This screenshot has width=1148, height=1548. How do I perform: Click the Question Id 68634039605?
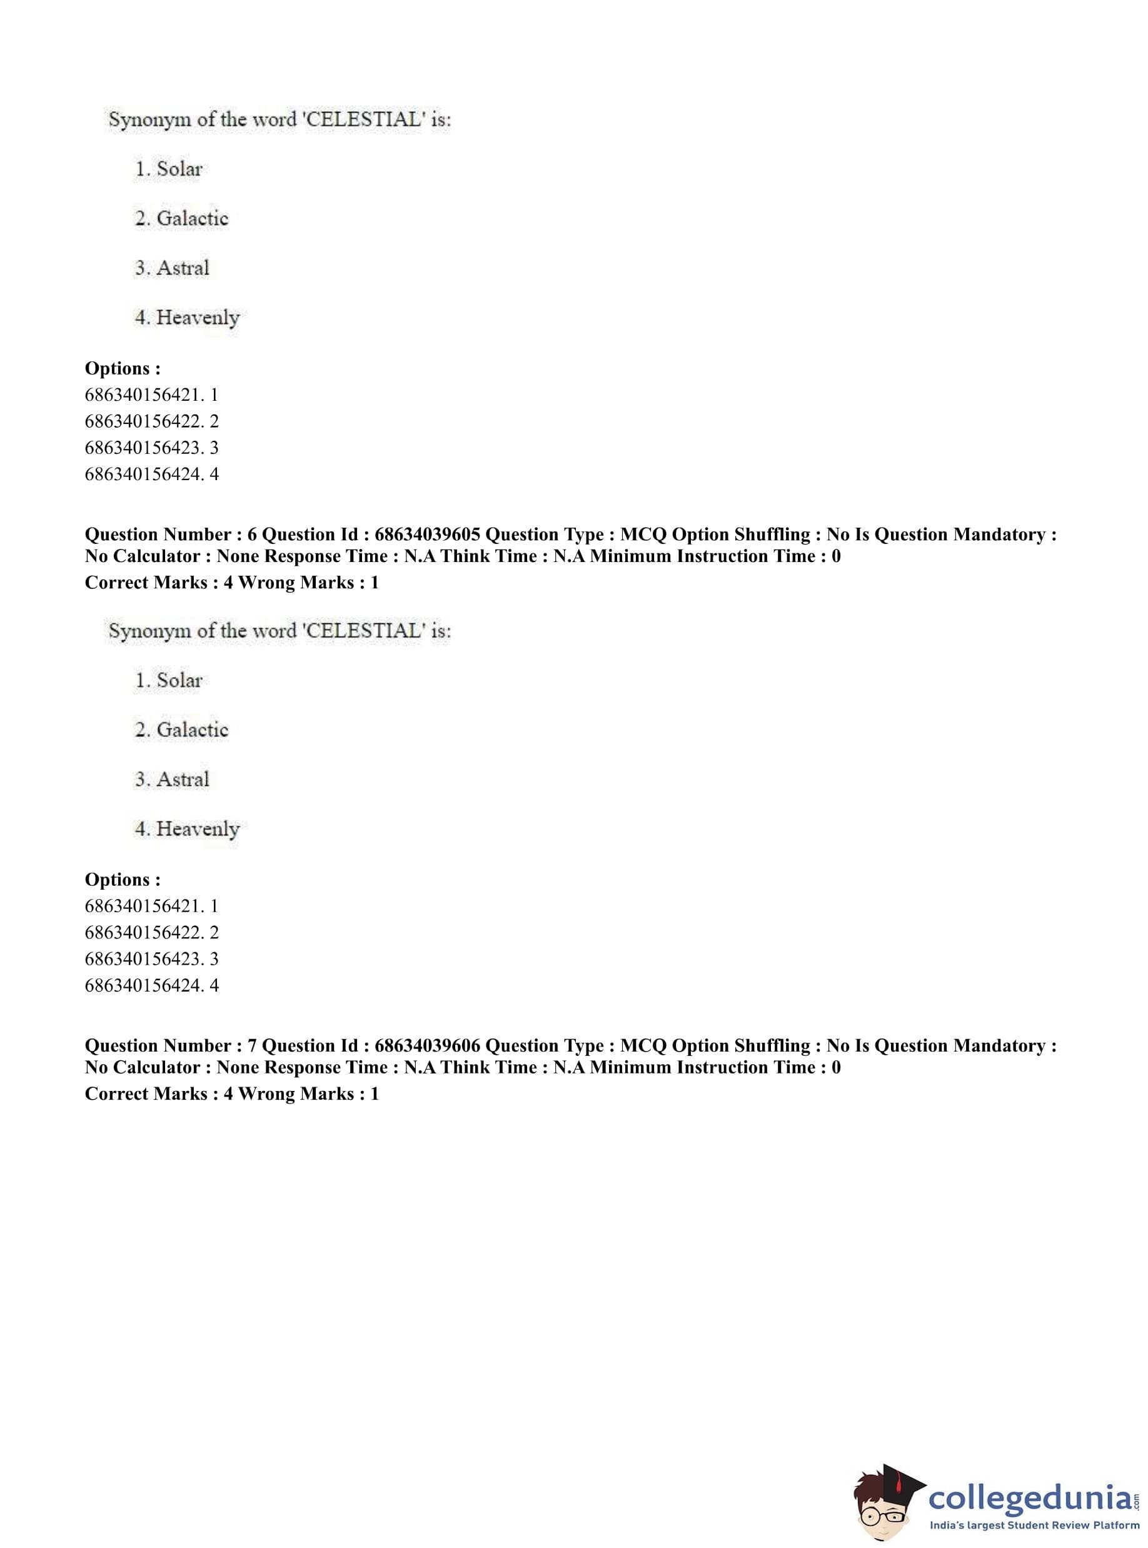(x=426, y=535)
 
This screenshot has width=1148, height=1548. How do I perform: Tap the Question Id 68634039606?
(x=426, y=1046)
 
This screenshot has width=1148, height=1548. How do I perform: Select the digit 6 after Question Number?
(x=251, y=535)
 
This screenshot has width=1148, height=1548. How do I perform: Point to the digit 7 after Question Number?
(x=251, y=1046)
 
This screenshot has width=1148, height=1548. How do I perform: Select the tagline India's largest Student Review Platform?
(x=1034, y=1525)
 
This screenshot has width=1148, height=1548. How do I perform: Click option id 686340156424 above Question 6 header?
(x=151, y=475)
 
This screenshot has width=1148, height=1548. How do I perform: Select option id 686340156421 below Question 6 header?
(x=151, y=906)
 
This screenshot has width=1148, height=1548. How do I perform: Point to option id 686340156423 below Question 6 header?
(x=151, y=959)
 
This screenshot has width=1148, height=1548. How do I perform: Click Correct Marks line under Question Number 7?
(x=231, y=1093)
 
